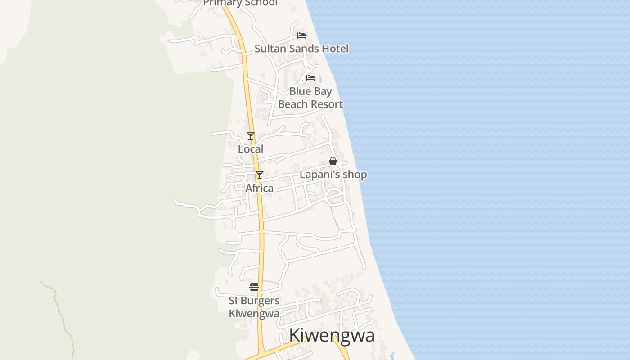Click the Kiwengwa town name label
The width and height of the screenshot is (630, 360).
tap(332, 336)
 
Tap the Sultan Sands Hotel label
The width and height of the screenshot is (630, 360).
tap(301, 49)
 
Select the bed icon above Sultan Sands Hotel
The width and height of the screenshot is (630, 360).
tap(301, 36)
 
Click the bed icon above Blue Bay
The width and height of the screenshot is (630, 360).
tap(310, 78)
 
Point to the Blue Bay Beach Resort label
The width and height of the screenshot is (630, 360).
tap(310, 98)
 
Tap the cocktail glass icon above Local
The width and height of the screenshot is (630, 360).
tap(251, 135)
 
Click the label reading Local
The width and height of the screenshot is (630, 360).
tap(251, 149)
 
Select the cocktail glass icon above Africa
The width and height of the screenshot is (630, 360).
tap(260, 175)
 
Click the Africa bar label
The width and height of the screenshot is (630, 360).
tap(259, 188)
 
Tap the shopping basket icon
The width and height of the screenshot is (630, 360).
tap(333, 161)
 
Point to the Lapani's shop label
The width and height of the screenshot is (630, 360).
tap(333, 175)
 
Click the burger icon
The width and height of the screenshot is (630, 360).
tap(254, 287)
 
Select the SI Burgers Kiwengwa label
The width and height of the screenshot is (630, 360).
tap(254, 307)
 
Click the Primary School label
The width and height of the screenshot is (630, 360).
tap(240, 3)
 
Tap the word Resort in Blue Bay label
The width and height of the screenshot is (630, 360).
tap(326, 104)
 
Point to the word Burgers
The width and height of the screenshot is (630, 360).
tap(260, 301)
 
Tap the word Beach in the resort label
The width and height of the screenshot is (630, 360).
tap(292, 104)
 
